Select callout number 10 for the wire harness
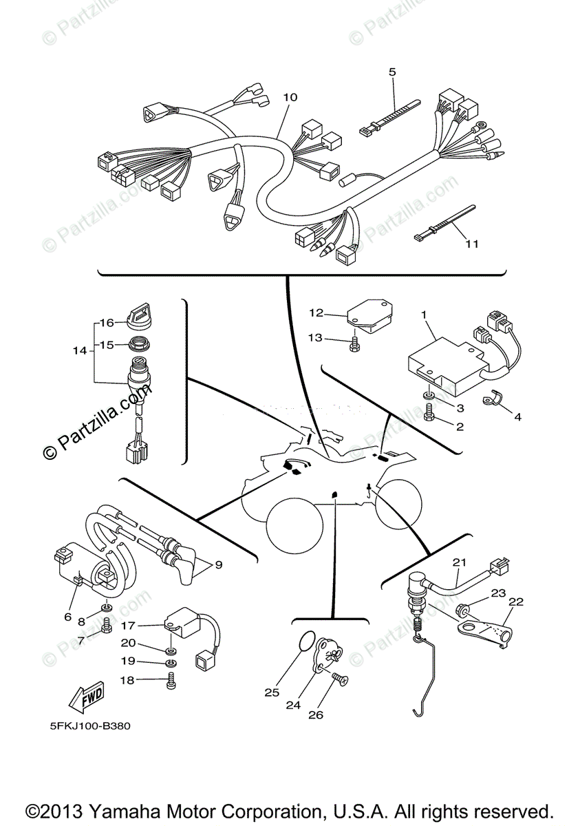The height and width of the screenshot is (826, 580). point(290,97)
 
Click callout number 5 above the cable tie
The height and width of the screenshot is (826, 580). point(392,72)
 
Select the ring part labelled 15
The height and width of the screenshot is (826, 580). point(141,343)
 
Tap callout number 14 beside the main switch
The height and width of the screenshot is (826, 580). point(80,350)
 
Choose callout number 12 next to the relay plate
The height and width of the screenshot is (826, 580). point(316,313)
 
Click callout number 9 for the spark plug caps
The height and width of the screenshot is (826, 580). point(218,565)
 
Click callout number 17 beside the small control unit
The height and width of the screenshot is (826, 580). point(128,626)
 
